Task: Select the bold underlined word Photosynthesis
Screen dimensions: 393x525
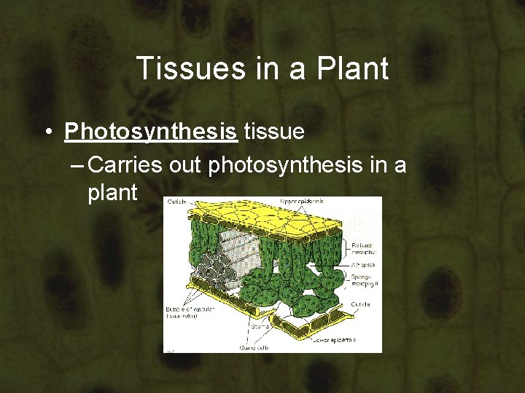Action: coord(151,132)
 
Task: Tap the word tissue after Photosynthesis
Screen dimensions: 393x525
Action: coord(275,132)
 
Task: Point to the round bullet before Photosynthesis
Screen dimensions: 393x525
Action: coord(46,132)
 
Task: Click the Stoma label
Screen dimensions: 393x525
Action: coord(261,327)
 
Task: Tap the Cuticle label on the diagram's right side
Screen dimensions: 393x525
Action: coord(359,304)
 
